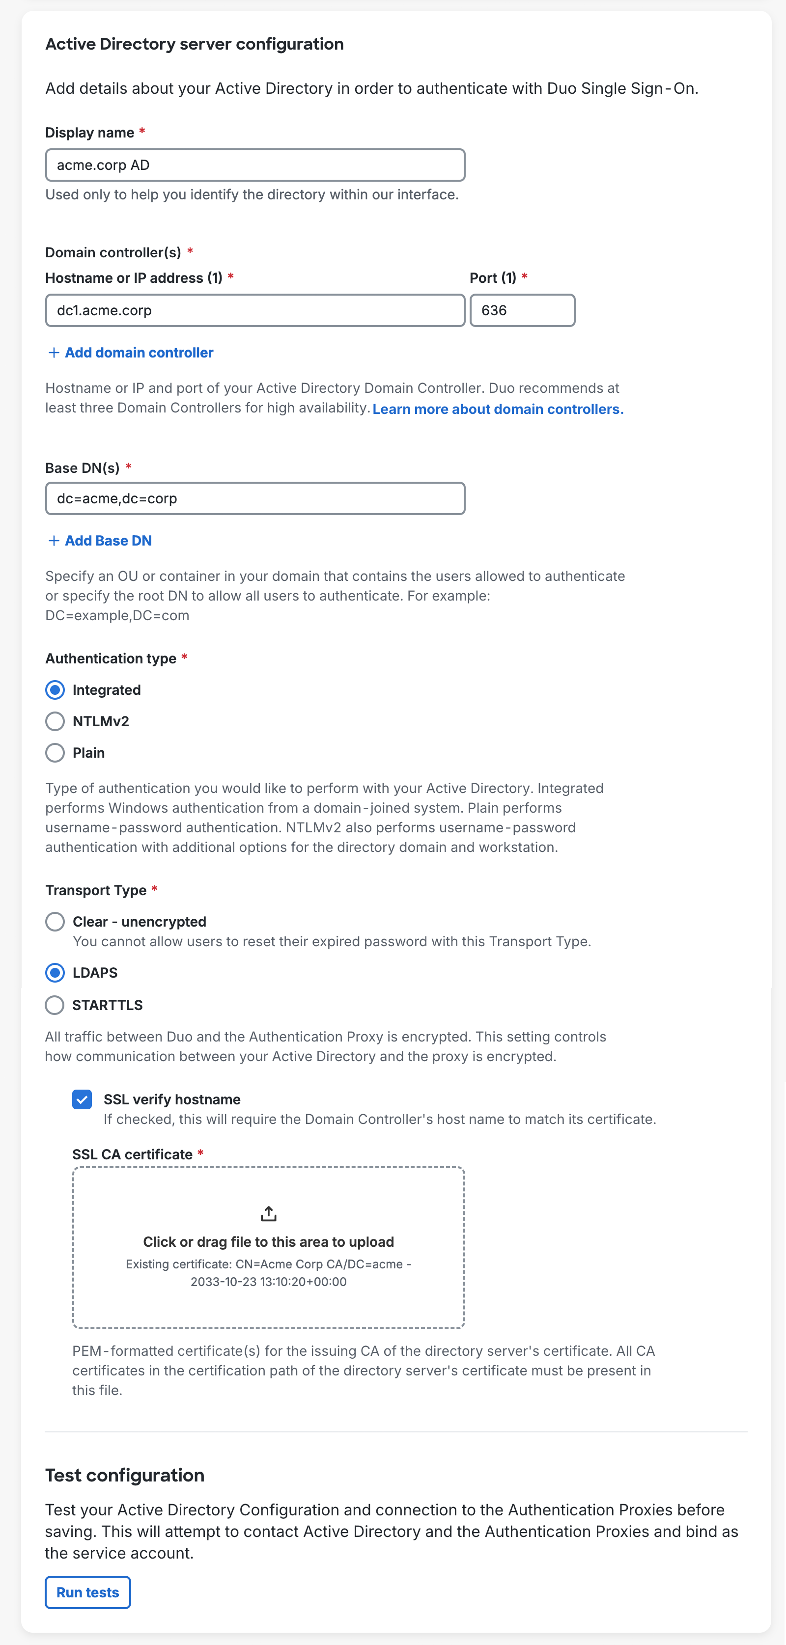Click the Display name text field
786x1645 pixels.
pos(255,165)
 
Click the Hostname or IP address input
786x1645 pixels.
pos(255,310)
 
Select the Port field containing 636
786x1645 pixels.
pos(522,310)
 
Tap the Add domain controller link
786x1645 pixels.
pos(131,353)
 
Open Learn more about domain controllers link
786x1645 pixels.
pos(498,410)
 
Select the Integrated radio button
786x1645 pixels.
pos(55,690)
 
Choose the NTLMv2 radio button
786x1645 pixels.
pos(55,722)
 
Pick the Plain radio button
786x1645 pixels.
pos(55,753)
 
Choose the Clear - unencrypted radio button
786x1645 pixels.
pos(55,922)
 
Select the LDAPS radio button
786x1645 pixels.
pos(55,973)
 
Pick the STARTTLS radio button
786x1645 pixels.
pos(55,1005)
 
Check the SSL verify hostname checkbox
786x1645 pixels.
pos(83,1099)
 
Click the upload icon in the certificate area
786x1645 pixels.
pos(268,1213)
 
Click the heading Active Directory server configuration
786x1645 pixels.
pos(194,44)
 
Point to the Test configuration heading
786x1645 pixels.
pos(125,1475)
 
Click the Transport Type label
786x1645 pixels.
pos(96,890)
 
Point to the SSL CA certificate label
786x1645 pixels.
pos(132,1154)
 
